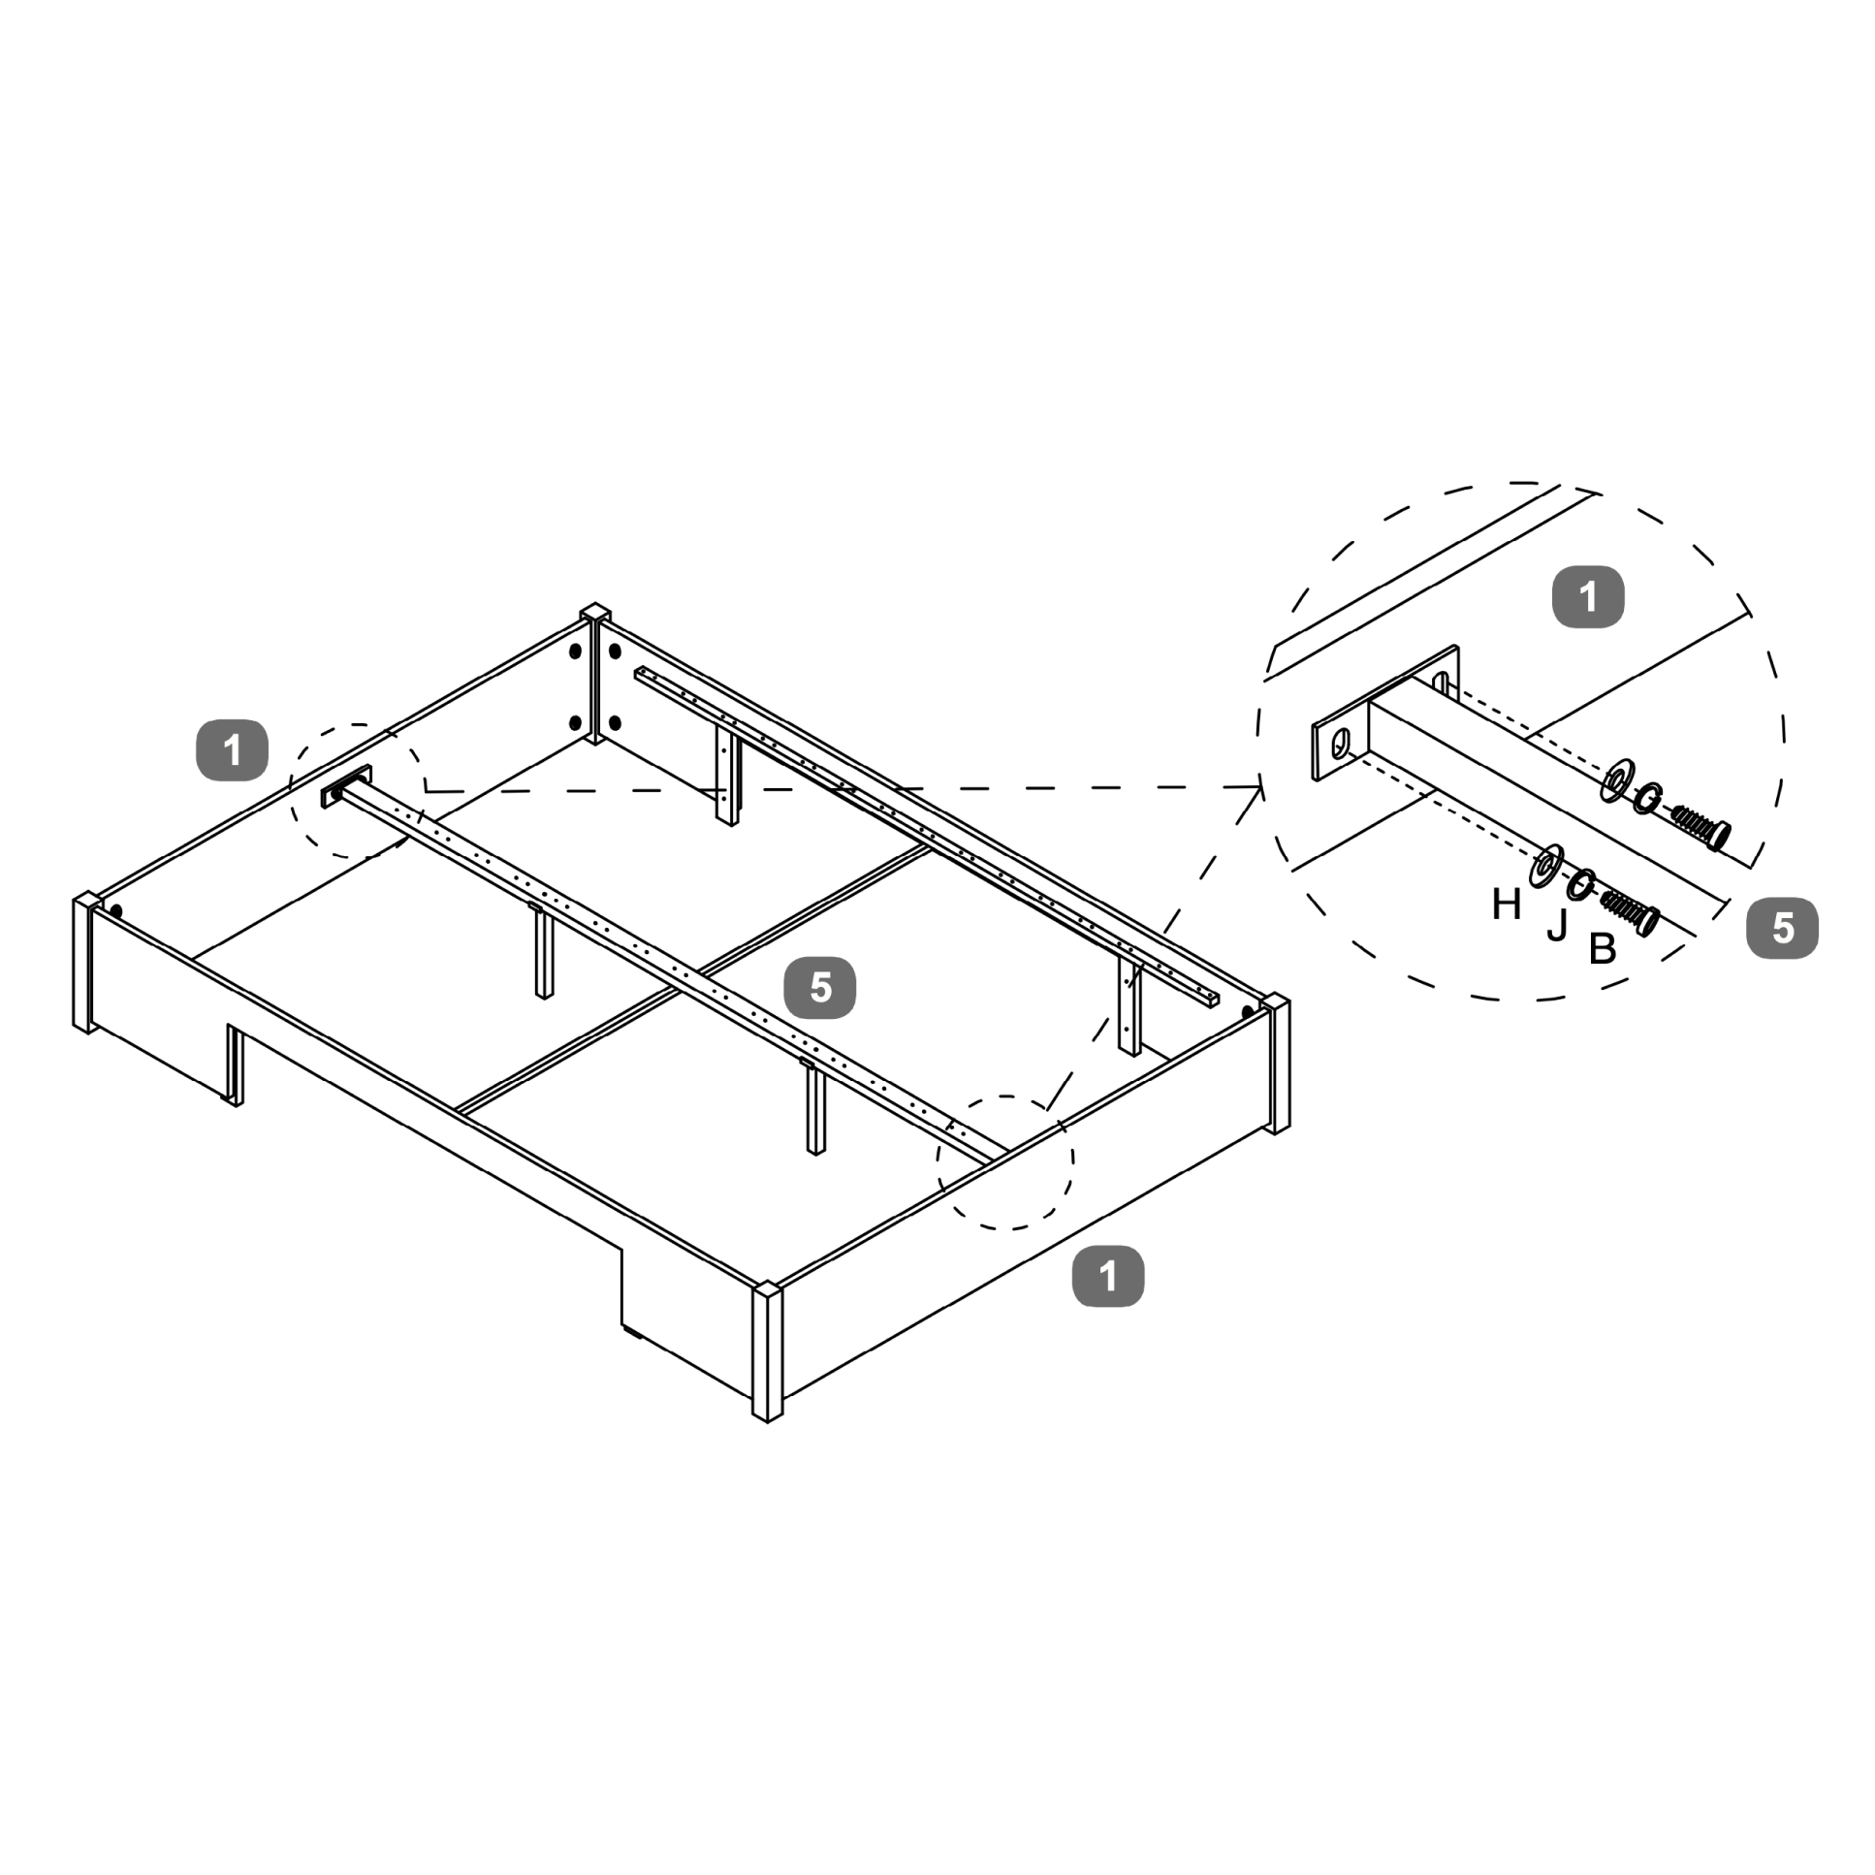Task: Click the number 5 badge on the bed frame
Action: (820, 988)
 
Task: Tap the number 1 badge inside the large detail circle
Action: (1588, 597)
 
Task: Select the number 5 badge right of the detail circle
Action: (1782, 928)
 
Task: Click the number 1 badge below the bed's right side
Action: (1107, 1276)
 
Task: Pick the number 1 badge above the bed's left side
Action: (232, 750)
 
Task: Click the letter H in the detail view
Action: (1507, 906)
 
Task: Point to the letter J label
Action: (1557, 927)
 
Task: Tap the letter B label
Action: (1603, 949)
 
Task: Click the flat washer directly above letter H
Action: (1546, 866)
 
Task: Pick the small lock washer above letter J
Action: (1582, 884)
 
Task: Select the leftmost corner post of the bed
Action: (85, 963)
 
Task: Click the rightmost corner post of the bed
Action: (1276, 1064)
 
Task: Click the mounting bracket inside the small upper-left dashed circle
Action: (345, 787)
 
